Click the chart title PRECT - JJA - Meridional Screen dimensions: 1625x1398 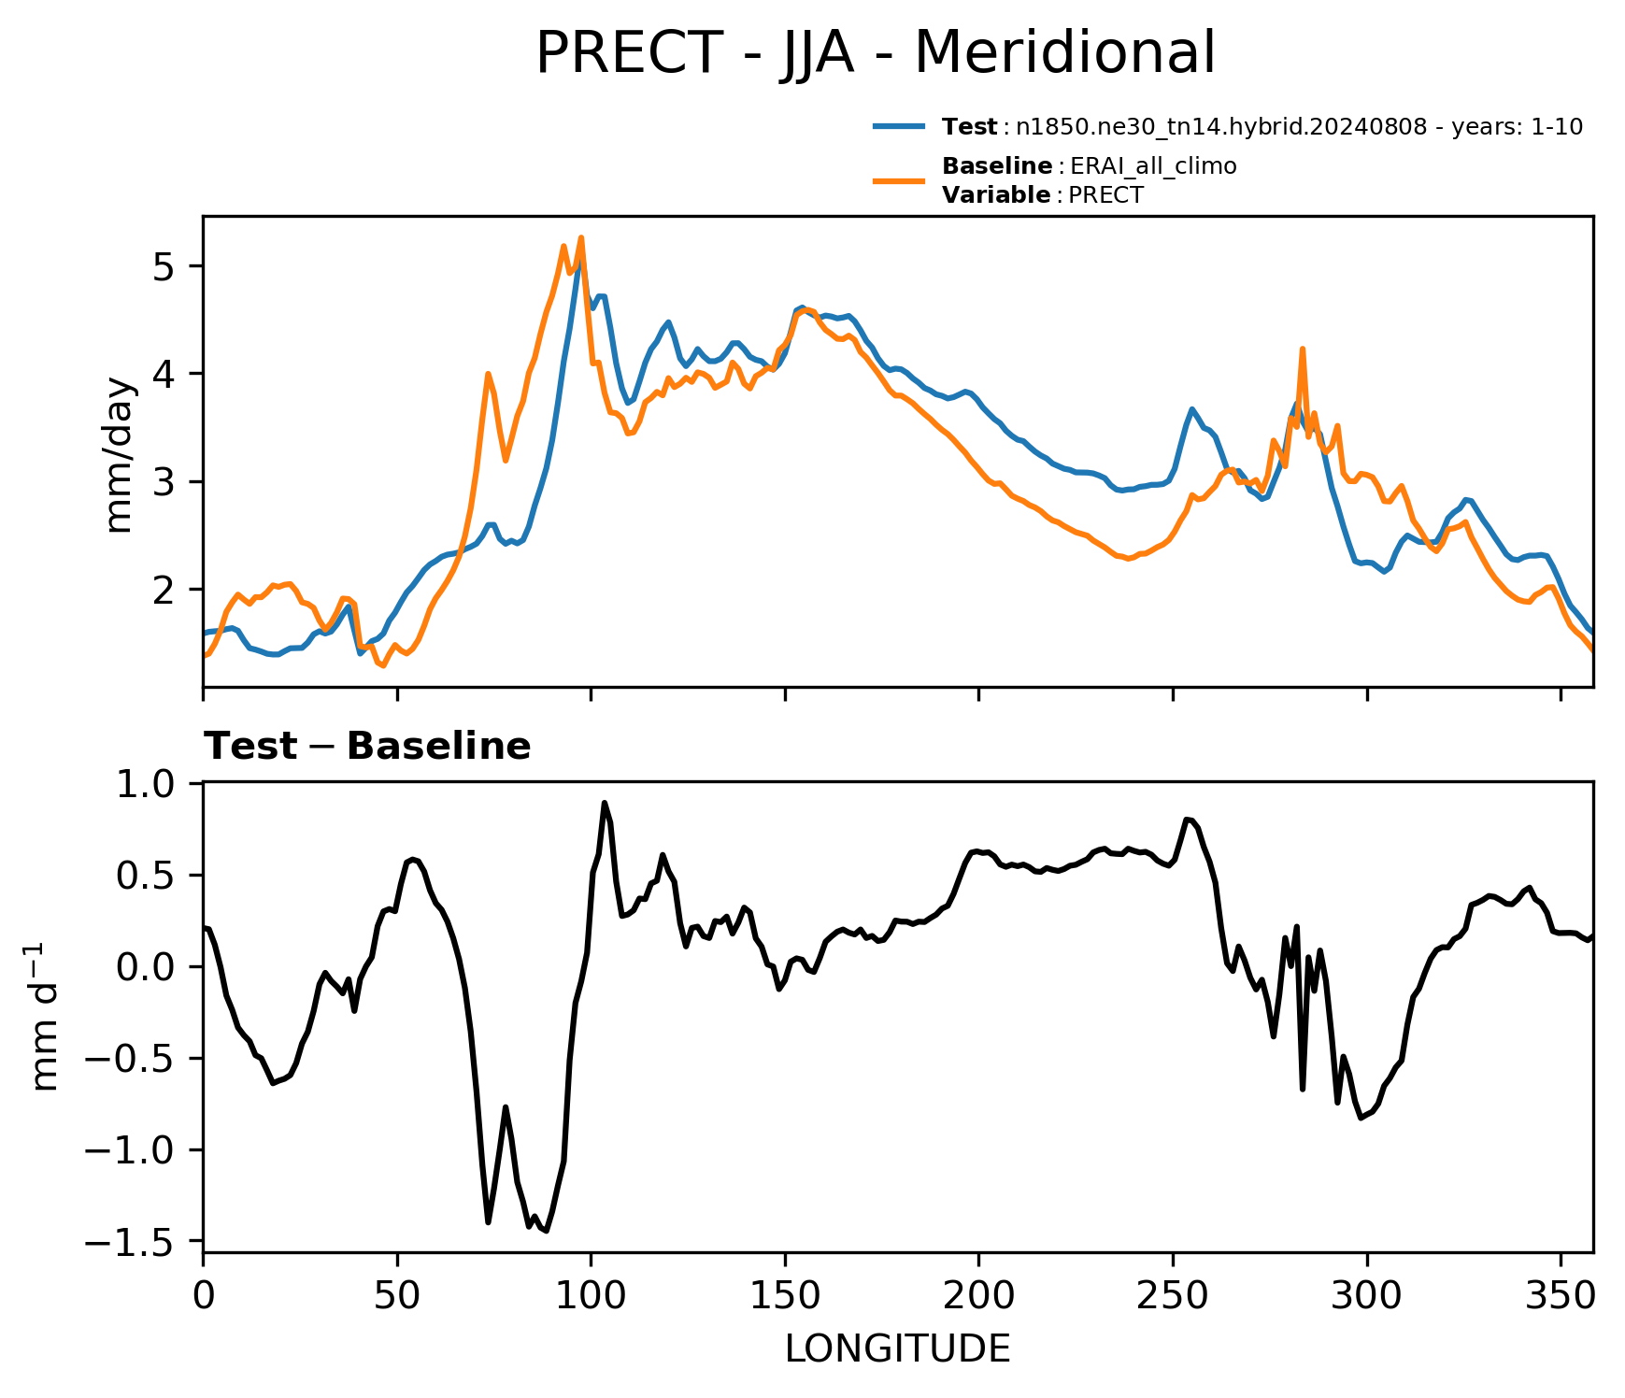[876, 53]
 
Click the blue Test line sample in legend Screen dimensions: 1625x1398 [899, 126]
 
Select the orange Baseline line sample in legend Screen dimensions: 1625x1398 [899, 180]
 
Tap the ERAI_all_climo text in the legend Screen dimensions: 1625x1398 [1153, 166]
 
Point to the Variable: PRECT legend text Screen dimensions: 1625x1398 [1042, 195]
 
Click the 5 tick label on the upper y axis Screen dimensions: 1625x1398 [164, 267]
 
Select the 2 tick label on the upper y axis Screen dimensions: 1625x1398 [164, 591]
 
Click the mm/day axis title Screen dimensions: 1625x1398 [121, 455]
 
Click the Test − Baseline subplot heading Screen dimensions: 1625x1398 [367, 747]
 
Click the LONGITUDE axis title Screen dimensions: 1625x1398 [898, 1348]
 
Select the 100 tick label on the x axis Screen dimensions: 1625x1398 [591, 1295]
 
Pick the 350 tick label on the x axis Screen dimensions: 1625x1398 [1561, 1295]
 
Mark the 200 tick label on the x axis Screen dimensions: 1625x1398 [978, 1295]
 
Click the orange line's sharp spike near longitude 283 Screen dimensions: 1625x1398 [1302, 349]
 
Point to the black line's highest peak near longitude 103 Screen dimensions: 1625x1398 [605, 803]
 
